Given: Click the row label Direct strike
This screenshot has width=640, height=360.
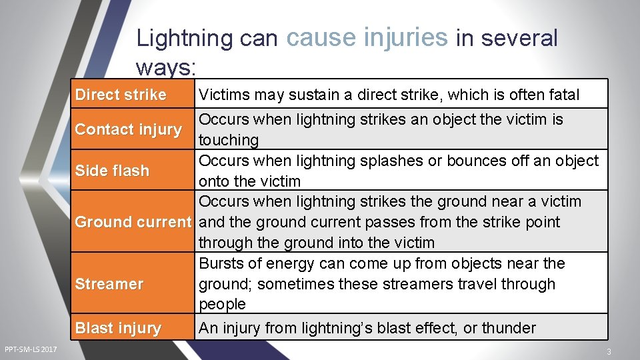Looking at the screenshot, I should pyautogui.click(x=121, y=95).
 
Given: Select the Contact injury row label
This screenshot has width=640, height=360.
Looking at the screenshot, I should pyautogui.click(x=128, y=129).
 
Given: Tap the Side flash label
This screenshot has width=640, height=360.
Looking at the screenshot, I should pyautogui.click(x=112, y=171).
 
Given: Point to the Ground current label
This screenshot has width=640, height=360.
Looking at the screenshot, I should pyautogui.click(x=133, y=222).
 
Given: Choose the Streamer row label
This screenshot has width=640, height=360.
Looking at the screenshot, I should pyautogui.click(x=109, y=284).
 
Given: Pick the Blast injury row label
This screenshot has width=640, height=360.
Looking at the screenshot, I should pyautogui.click(x=118, y=328).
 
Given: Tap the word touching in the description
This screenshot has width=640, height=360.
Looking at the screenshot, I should pyautogui.click(x=229, y=140).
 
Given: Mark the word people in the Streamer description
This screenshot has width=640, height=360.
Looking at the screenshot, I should pyautogui.click(x=222, y=304).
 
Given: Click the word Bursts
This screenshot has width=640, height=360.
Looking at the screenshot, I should pyautogui.click(x=223, y=263).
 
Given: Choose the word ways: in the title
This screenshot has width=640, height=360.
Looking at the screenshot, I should pyautogui.click(x=164, y=67).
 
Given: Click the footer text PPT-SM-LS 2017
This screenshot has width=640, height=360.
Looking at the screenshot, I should pyautogui.click(x=31, y=350).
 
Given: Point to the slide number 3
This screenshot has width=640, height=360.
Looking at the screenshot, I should pyautogui.click(x=608, y=351).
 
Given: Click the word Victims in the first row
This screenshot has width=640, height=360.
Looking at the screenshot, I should pyautogui.click(x=224, y=95).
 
